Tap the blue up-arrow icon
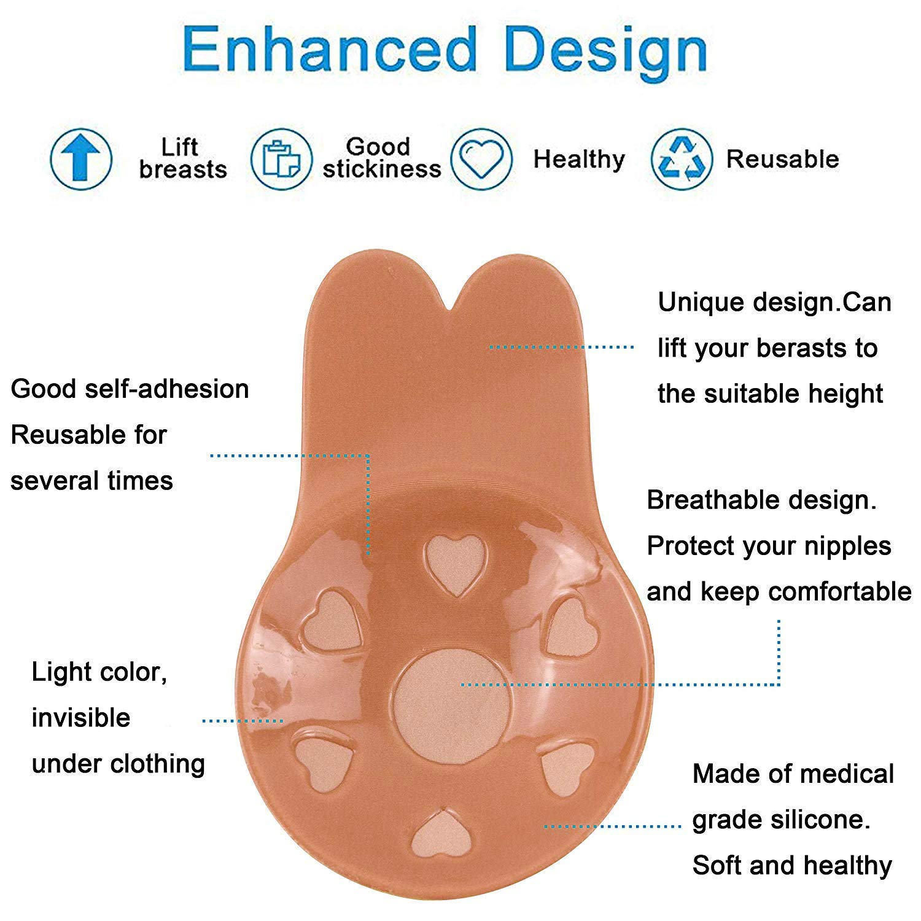[x=80, y=159]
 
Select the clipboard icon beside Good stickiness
[x=281, y=159]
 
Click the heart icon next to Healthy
[x=481, y=159]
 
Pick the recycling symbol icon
[x=682, y=159]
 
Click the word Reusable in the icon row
[x=782, y=159]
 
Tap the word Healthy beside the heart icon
[x=579, y=160]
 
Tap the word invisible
[x=81, y=718]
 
